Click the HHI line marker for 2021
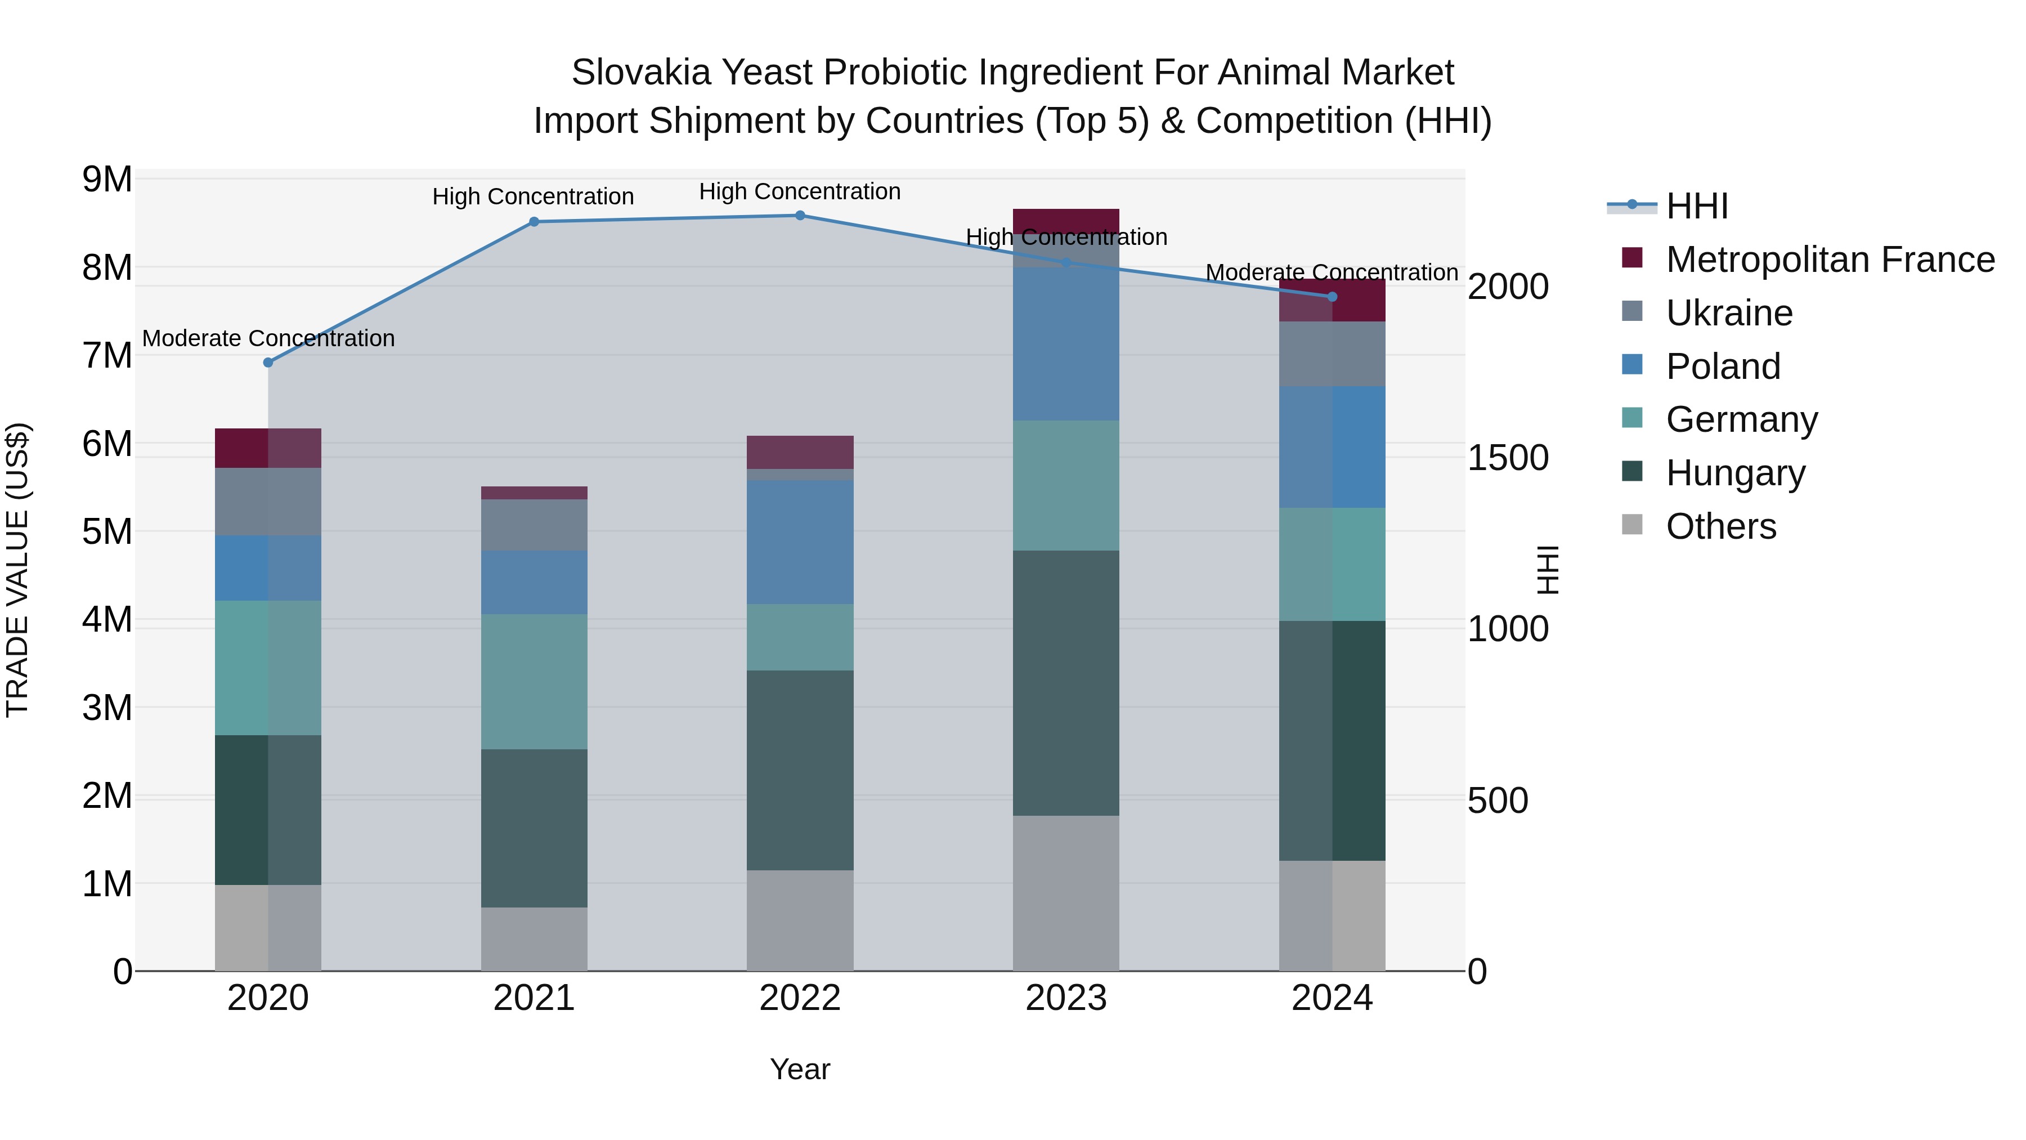[x=534, y=222]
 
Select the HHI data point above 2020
[x=268, y=363]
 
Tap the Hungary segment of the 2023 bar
[x=1066, y=683]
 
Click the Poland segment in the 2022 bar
[x=800, y=543]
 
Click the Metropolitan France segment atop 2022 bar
[x=800, y=453]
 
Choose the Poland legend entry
[x=1723, y=366]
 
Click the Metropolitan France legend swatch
[x=1633, y=258]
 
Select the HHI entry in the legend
[x=1696, y=206]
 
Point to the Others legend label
[x=1721, y=526]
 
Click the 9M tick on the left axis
[x=107, y=180]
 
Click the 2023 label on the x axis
[x=1066, y=998]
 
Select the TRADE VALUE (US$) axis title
[x=17, y=570]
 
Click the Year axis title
[x=800, y=1069]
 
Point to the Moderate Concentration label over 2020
[x=268, y=338]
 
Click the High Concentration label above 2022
[x=800, y=191]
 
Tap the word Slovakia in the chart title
[x=641, y=73]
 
